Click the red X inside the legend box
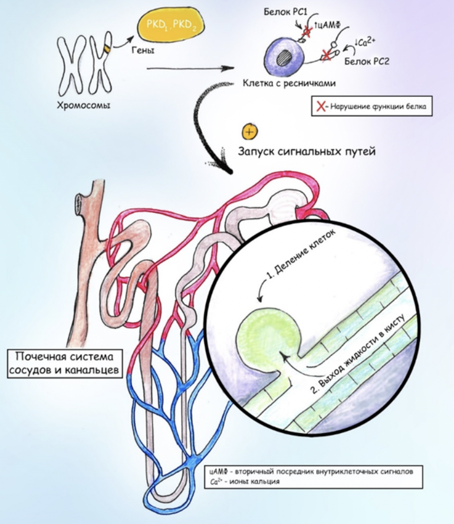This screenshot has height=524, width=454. coord(321,107)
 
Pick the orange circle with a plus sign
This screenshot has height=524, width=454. coord(249,131)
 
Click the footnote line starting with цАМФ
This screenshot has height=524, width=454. coord(315,472)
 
